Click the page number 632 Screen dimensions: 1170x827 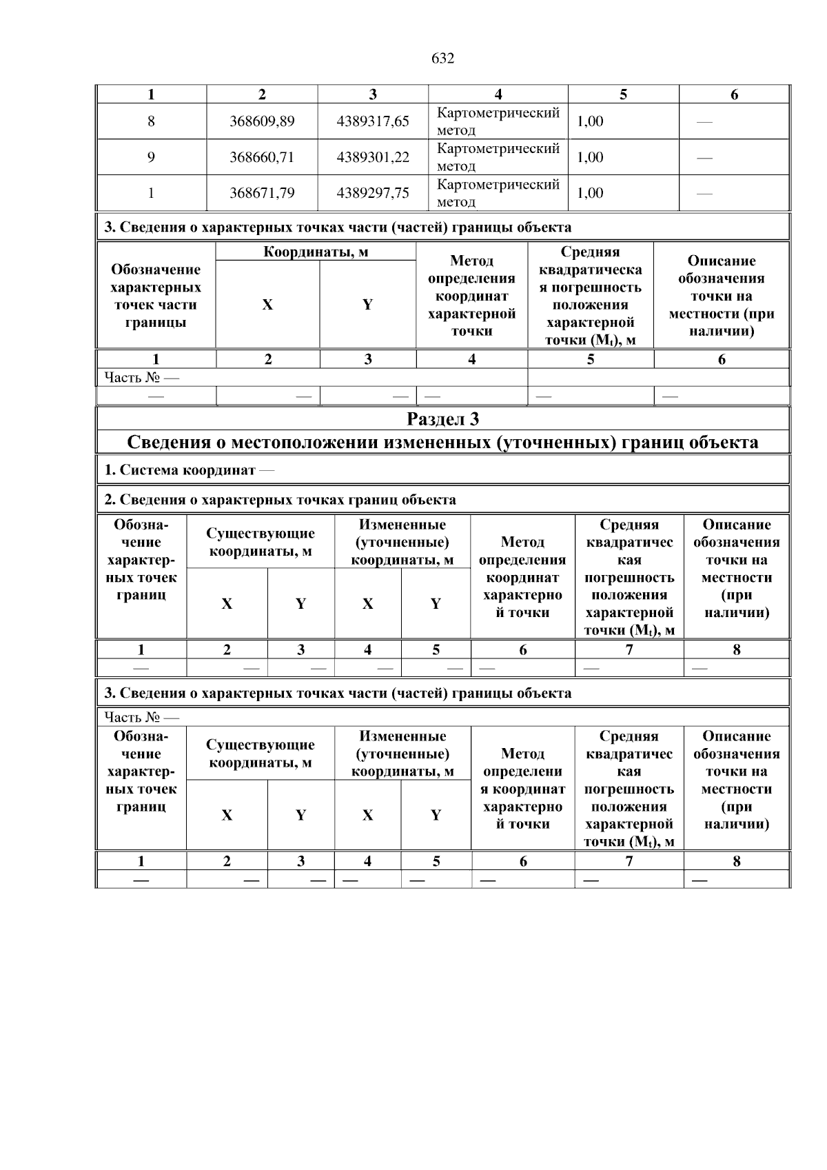coord(442,59)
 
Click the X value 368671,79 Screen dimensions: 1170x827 coord(262,193)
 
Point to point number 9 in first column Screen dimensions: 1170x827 coord(151,157)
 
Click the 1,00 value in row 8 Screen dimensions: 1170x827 coord(590,121)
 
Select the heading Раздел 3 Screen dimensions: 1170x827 coord(442,419)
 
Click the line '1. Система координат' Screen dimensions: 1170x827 coord(188,470)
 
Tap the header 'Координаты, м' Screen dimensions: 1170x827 coord(316,252)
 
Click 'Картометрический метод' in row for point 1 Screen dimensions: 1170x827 coord(498,193)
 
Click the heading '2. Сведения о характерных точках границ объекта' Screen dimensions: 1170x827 coord(280,499)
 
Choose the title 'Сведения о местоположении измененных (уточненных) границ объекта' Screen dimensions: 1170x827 coord(442,442)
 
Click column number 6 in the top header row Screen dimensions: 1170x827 coord(734,94)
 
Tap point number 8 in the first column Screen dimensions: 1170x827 coord(151,121)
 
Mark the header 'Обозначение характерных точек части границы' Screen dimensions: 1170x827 coord(156,296)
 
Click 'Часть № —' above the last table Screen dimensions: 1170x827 coord(141,717)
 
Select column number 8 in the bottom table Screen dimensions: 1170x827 coord(736,860)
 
